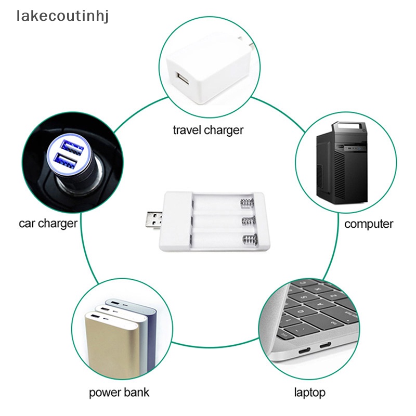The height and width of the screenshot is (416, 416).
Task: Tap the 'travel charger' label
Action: point(208,129)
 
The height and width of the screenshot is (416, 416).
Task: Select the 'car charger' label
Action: point(48,224)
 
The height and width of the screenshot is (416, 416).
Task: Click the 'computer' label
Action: point(369,224)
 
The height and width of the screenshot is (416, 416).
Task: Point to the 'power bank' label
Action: point(120,392)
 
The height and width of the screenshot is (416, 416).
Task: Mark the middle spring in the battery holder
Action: point(248,222)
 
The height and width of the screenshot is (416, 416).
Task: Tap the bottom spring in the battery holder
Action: point(249,241)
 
